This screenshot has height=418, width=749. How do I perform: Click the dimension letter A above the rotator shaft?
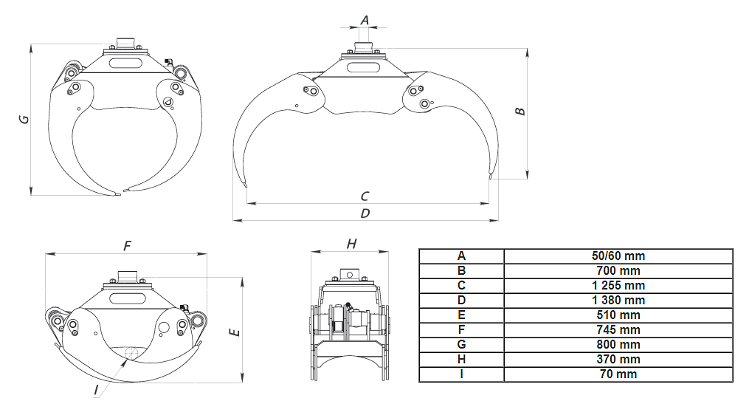[x=365, y=20]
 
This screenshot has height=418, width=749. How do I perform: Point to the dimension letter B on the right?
[x=520, y=112]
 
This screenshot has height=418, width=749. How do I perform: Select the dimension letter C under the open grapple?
[x=365, y=196]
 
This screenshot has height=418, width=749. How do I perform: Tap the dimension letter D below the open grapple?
[x=365, y=213]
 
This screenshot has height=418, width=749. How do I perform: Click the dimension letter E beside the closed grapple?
[x=235, y=332]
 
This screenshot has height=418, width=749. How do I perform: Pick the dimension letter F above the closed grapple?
[x=127, y=246]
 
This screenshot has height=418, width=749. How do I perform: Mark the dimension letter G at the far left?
[x=24, y=120]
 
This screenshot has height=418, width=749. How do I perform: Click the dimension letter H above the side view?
[x=351, y=244]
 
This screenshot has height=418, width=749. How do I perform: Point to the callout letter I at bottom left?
[x=96, y=390]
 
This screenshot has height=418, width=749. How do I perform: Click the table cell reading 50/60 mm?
[x=618, y=256]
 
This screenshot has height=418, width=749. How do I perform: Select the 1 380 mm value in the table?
[x=618, y=301]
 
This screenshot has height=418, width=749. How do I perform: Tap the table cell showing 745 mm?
[x=618, y=330]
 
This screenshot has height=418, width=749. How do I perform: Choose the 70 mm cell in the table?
[x=618, y=374]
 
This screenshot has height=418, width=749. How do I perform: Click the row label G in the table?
[x=461, y=345]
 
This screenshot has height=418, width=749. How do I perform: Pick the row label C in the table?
[x=461, y=286]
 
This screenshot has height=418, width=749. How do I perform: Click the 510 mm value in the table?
[x=618, y=315]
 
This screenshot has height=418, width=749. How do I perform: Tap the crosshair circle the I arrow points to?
[x=131, y=353]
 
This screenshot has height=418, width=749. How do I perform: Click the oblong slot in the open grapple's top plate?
[x=363, y=67]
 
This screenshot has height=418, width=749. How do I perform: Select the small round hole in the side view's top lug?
[x=350, y=275]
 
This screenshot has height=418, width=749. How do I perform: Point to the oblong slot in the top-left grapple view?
[x=125, y=63]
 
